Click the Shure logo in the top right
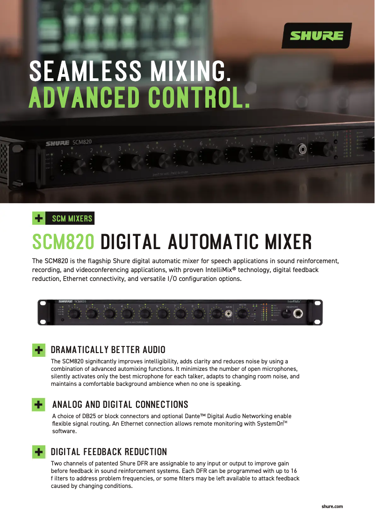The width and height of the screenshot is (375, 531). pyautogui.click(x=317, y=36)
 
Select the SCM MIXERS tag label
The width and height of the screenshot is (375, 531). pyautogui.click(x=72, y=219)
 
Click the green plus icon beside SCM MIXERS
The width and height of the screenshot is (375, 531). pyautogui.click(x=39, y=218)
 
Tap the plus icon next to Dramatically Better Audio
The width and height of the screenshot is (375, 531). pyautogui.click(x=39, y=350)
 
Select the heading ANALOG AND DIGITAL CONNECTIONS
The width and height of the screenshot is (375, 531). pyautogui.click(x=120, y=405)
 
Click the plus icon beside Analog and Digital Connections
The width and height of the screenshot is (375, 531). pyautogui.click(x=39, y=405)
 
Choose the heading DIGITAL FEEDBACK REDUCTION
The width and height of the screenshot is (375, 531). pyautogui.click(x=108, y=452)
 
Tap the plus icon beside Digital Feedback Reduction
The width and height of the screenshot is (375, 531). pyautogui.click(x=39, y=452)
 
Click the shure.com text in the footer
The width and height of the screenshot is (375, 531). pyautogui.click(x=332, y=507)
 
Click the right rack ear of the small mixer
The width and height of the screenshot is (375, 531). pyautogui.click(x=318, y=313)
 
